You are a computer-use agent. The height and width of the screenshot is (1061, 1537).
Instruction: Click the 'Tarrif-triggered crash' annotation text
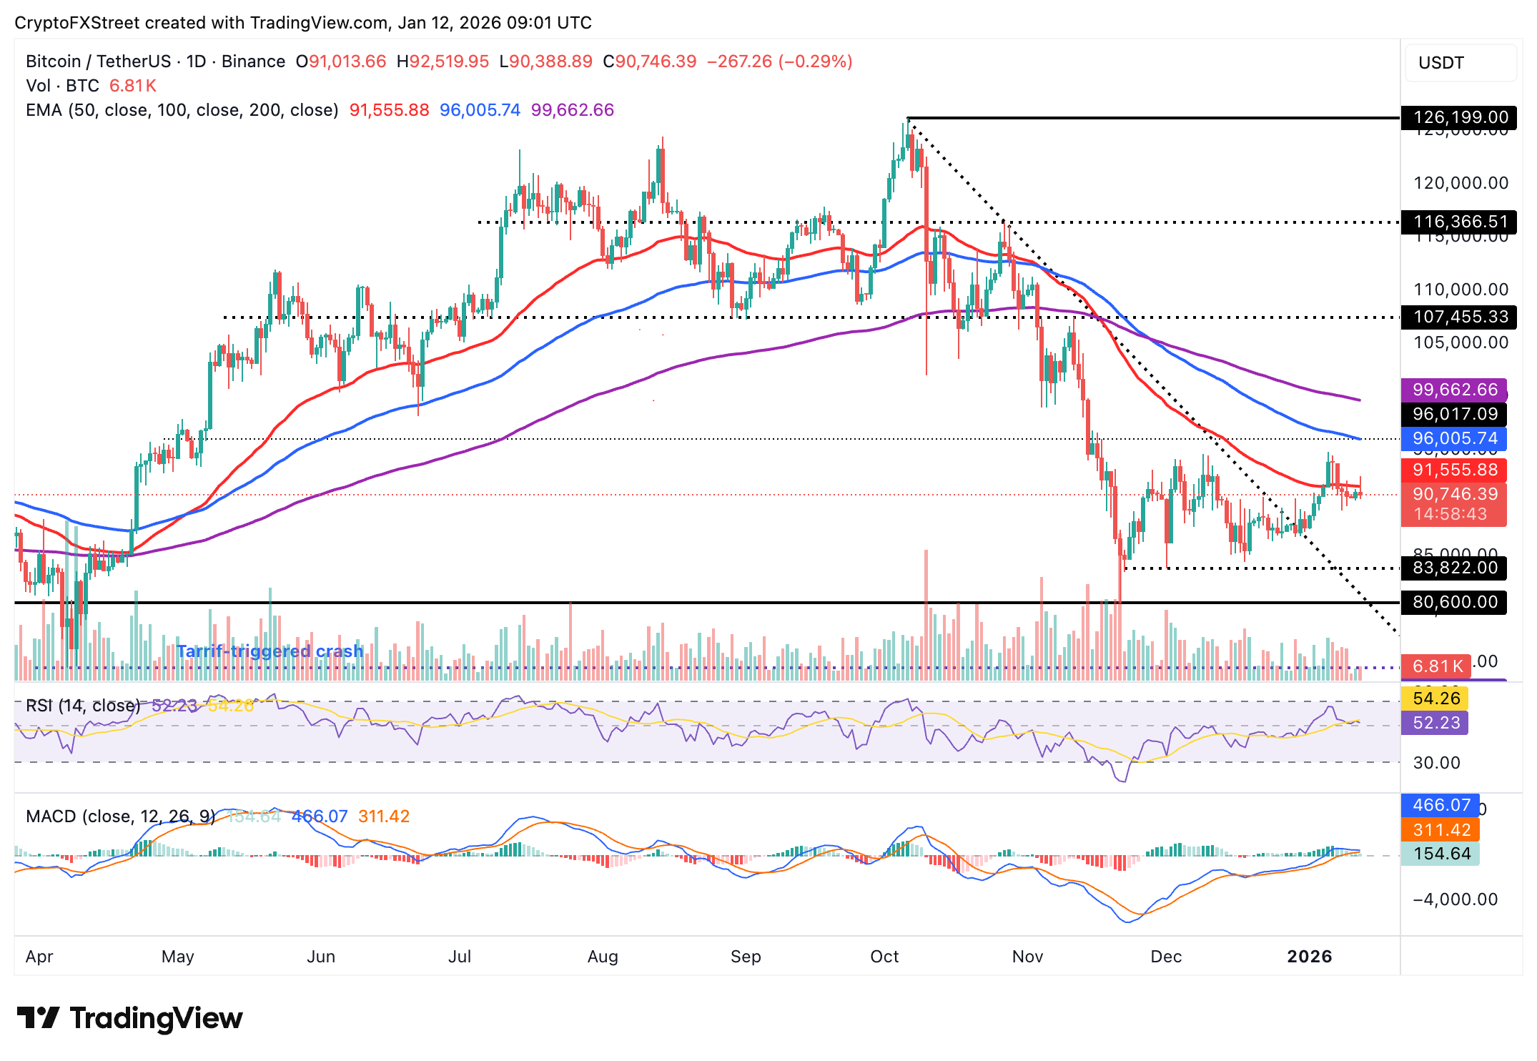coord(270,651)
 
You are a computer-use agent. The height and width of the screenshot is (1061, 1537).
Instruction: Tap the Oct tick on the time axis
coord(884,957)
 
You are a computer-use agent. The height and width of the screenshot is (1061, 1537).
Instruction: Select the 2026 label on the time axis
coord(1309,957)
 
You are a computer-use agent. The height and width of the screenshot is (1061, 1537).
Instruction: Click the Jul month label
coord(459,957)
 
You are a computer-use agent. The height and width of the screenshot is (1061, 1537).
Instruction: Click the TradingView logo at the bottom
coord(129,1018)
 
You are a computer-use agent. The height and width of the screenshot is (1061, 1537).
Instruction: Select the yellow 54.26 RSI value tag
coord(1435,699)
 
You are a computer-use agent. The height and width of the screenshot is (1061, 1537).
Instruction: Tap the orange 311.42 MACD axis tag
coord(1441,830)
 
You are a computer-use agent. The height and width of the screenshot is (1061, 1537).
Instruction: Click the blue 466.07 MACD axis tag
coord(1441,805)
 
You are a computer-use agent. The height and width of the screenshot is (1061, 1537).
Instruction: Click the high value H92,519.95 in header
coord(443,61)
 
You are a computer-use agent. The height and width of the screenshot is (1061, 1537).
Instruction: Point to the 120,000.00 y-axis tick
coord(1460,183)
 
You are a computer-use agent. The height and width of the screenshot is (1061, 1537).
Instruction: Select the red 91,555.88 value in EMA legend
coord(389,110)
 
